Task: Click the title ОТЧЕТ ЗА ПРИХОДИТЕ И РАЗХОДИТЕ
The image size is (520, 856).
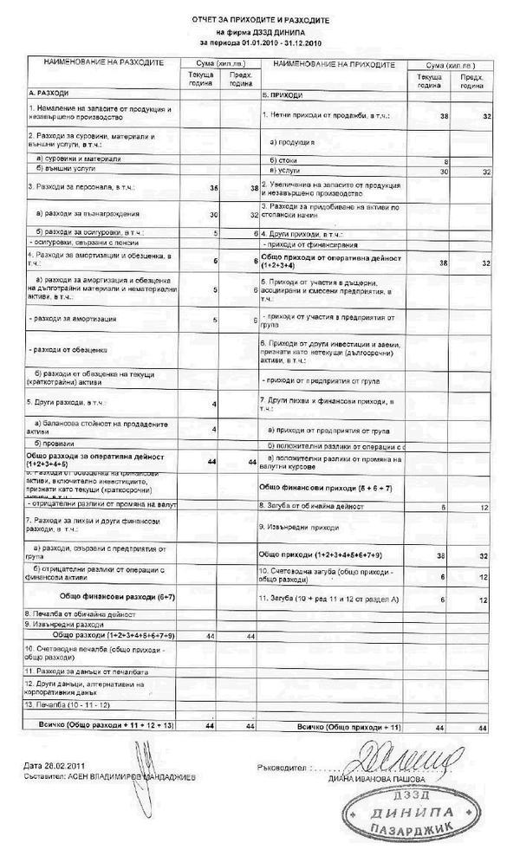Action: (x=261, y=19)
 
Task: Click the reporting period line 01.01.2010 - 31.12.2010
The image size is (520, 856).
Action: (x=261, y=41)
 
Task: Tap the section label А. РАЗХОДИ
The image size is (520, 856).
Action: (x=49, y=92)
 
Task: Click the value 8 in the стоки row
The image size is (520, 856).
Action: (x=445, y=161)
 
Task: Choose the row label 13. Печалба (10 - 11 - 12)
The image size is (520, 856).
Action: (x=68, y=705)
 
